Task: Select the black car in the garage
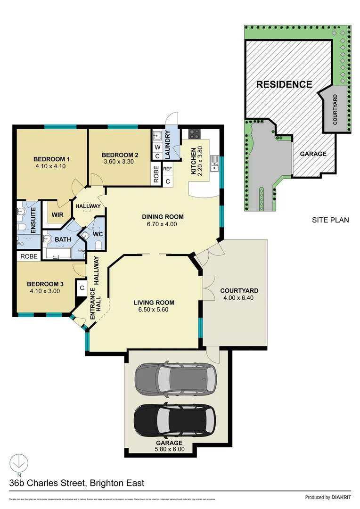[x=175, y=420]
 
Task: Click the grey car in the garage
[x=176, y=378]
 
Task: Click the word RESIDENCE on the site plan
[x=284, y=85]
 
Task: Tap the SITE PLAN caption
[x=330, y=220]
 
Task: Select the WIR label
[x=58, y=215]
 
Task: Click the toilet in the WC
[x=98, y=244]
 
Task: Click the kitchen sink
[x=215, y=163]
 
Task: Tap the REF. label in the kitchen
[x=167, y=169]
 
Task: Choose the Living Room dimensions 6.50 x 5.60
[x=154, y=310]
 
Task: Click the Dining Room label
[x=163, y=217]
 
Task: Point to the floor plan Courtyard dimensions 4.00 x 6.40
[x=239, y=298]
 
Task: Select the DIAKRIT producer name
[x=342, y=497]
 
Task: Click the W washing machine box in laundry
[x=157, y=147]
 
